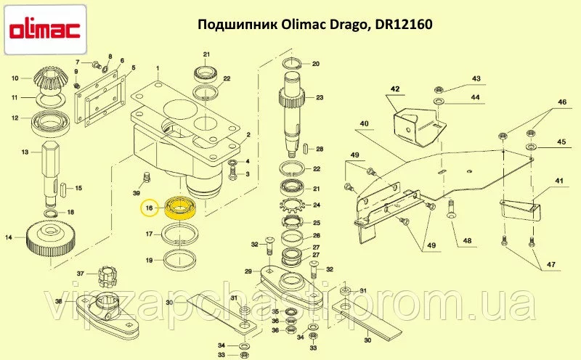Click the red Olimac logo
[44, 30]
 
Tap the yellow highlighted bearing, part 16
[180, 208]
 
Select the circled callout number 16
[149, 208]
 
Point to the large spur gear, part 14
[51, 240]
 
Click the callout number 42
[395, 89]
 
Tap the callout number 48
[467, 241]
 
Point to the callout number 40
[365, 123]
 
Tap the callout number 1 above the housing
[158, 68]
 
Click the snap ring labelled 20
[293, 64]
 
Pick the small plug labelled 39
[147, 177]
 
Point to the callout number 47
[550, 264]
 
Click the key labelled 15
[63, 189]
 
